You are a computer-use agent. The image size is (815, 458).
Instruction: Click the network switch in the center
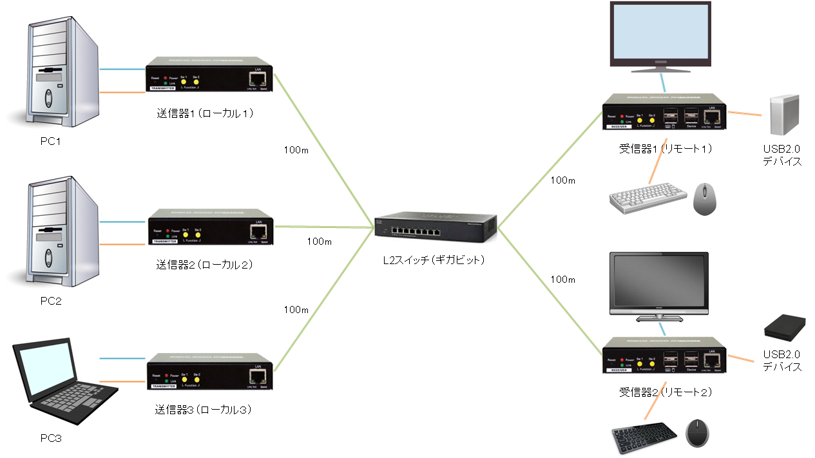point(436,226)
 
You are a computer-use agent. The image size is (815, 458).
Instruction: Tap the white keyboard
point(648,199)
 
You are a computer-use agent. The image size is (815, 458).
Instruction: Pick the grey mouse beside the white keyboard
point(705,198)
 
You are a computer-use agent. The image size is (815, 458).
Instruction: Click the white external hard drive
point(784,114)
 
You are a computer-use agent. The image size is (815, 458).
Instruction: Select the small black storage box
point(784,329)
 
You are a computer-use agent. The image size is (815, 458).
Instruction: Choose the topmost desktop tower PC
point(53,73)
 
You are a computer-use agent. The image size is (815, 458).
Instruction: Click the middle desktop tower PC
point(53,233)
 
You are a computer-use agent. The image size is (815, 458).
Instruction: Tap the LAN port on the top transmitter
point(258,79)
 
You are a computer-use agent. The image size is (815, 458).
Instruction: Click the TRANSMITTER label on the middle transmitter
point(164,241)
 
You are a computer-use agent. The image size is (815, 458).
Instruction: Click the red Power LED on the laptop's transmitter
point(166,375)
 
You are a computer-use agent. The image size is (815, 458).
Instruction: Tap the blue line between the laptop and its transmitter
point(122,358)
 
